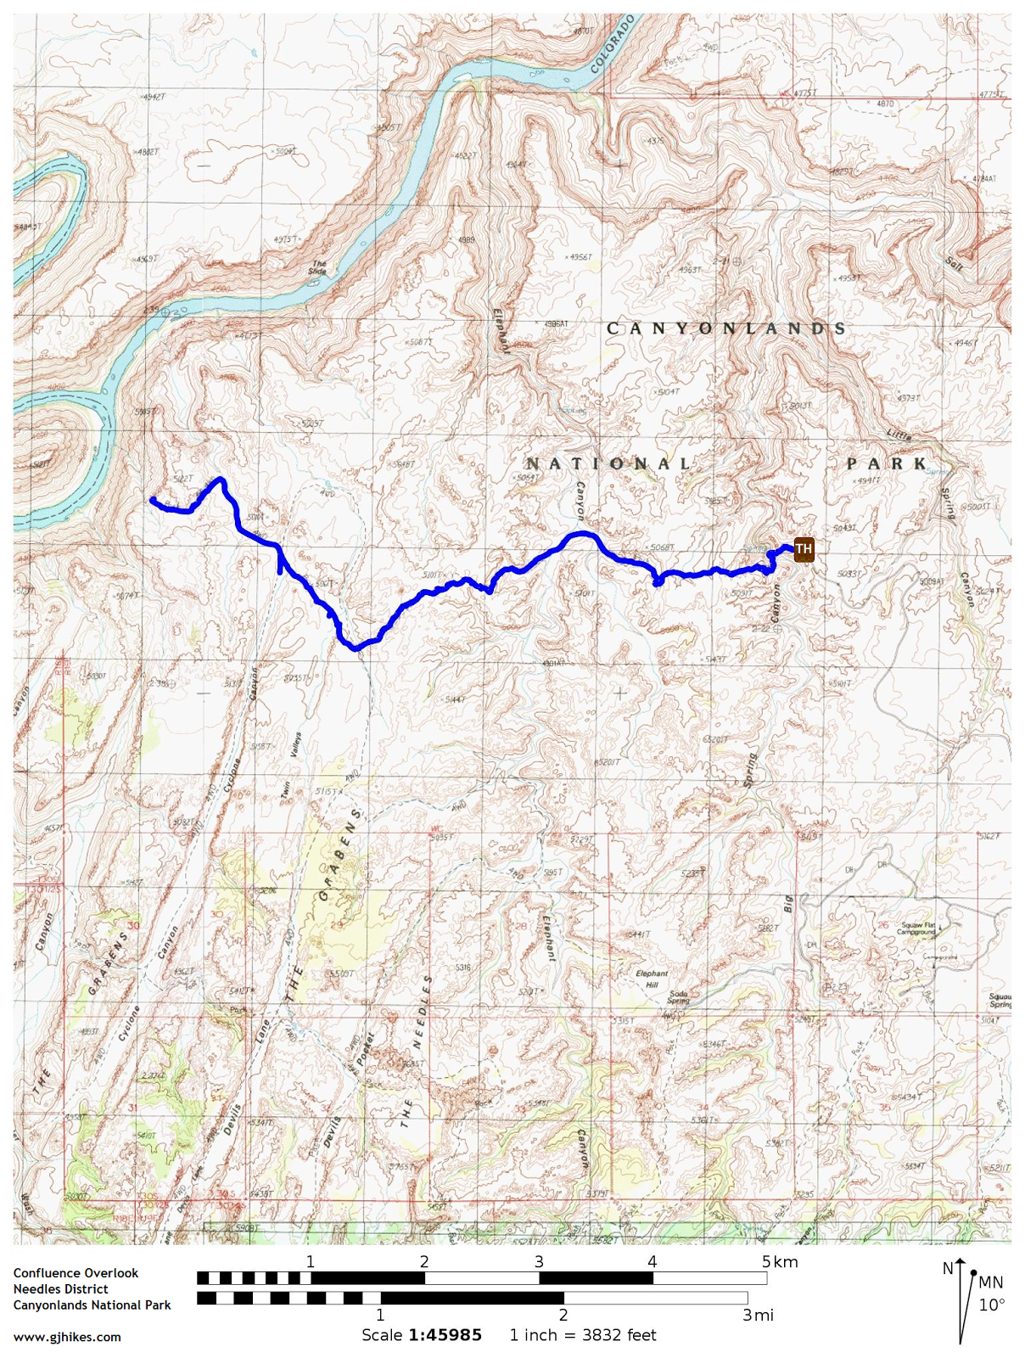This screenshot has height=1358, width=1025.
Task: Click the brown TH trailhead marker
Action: [803, 549]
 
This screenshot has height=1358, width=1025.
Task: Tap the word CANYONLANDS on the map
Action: [726, 328]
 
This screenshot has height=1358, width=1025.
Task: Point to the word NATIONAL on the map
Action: [608, 463]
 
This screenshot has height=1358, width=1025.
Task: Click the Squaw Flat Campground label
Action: [917, 929]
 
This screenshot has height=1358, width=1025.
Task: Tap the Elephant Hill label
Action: [652, 979]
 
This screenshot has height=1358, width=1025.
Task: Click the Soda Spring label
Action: [678, 996]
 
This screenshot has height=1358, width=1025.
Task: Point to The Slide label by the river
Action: [318, 267]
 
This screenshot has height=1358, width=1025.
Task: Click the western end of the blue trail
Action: [152, 500]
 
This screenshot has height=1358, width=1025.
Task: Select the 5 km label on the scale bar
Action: [779, 1262]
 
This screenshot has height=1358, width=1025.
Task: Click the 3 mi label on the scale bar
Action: [758, 1315]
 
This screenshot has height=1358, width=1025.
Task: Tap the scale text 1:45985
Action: [445, 1335]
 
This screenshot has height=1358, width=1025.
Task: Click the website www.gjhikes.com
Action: [67, 1337]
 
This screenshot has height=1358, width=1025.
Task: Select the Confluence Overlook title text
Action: [76, 1272]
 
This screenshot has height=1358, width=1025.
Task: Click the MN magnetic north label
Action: [990, 1282]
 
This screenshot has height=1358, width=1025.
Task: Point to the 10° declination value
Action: [991, 1305]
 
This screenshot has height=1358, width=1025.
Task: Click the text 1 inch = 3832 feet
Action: [582, 1335]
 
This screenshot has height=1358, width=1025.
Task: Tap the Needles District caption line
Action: [60, 1288]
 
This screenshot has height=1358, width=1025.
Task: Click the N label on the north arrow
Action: [948, 1269]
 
